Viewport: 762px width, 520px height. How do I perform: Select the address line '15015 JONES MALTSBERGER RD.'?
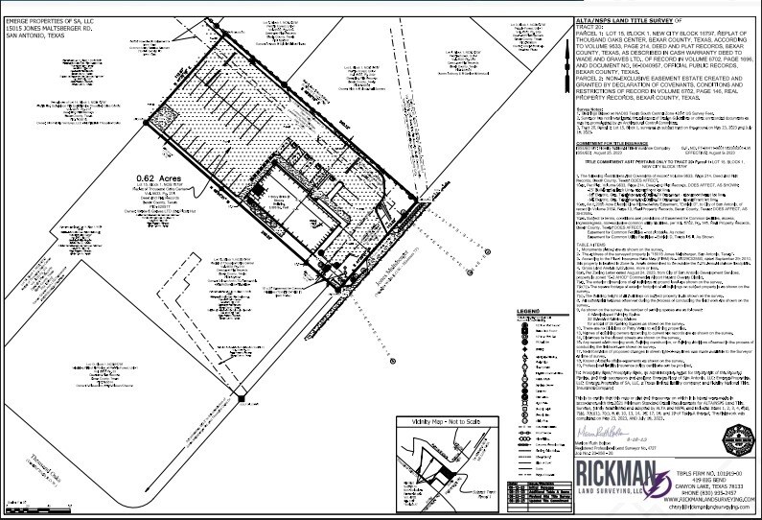tap(44, 13)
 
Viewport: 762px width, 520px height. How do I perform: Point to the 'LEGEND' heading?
tap(528, 312)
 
